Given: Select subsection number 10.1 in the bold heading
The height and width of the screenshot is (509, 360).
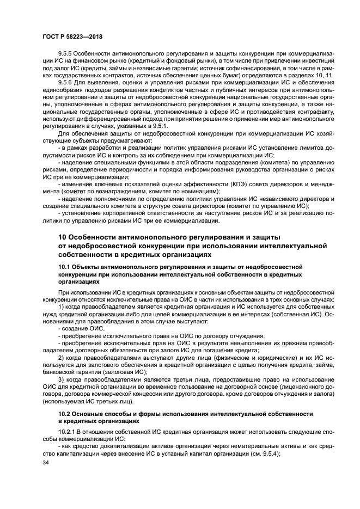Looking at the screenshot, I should (x=65, y=267).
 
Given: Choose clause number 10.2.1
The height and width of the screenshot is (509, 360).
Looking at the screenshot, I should (x=69, y=431).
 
